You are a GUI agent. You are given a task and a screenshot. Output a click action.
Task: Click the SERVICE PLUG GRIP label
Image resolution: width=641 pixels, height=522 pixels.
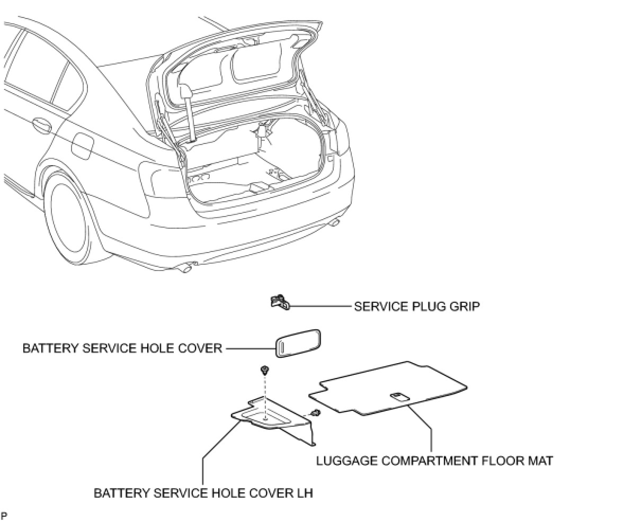point(416,307)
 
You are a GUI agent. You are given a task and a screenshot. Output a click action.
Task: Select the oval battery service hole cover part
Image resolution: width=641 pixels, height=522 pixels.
point(299,344)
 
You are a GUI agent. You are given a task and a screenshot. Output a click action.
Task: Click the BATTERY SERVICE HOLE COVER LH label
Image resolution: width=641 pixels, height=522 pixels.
point(203,493)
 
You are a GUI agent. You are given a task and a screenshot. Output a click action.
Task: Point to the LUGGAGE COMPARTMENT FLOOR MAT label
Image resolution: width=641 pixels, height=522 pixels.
point(434,461)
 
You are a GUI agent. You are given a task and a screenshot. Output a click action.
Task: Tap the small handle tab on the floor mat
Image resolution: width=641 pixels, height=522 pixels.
point(398,396)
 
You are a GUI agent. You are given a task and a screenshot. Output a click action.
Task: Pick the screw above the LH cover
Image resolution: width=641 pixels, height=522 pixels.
point(263,370)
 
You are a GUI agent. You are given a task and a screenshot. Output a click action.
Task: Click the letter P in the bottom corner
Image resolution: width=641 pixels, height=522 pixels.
point(4,515)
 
